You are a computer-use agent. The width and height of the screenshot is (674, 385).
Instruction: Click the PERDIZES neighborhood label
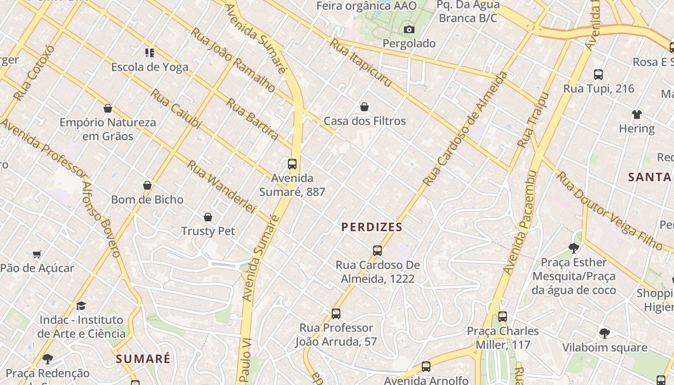(372, 227)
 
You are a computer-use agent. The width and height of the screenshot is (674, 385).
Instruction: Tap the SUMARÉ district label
(143, 359)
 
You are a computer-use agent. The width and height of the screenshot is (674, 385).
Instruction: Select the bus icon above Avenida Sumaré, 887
(292, 164)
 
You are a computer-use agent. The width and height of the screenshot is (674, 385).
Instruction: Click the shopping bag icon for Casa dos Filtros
(364, 107)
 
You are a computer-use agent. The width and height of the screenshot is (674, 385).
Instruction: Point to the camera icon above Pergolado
(409, 30)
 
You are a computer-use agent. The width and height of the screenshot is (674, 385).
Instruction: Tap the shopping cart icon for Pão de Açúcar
(37, 254)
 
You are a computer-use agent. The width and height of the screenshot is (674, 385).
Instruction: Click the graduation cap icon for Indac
(81, 306)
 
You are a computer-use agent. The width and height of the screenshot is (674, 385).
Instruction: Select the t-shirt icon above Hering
(637, 115)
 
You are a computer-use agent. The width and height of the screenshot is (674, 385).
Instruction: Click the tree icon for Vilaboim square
(605, 333)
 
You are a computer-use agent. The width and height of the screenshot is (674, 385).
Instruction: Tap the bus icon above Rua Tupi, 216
(598, 75)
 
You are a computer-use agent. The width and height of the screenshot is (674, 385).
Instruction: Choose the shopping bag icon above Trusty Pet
(208, 218)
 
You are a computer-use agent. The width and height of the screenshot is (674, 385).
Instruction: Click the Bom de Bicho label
(147, 200)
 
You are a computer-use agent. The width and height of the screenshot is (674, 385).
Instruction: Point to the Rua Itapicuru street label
(361, 63)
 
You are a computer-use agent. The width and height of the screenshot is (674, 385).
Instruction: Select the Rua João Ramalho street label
(233, 60)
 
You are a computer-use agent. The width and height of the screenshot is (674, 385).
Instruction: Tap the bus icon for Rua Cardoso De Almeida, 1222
(377, 251)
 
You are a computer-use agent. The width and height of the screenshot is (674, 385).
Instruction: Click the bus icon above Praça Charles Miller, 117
(503, 317)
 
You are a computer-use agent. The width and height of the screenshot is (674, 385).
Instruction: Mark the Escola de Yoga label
(150, 67)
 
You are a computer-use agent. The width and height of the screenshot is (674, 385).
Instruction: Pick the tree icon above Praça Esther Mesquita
(573, 248)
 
